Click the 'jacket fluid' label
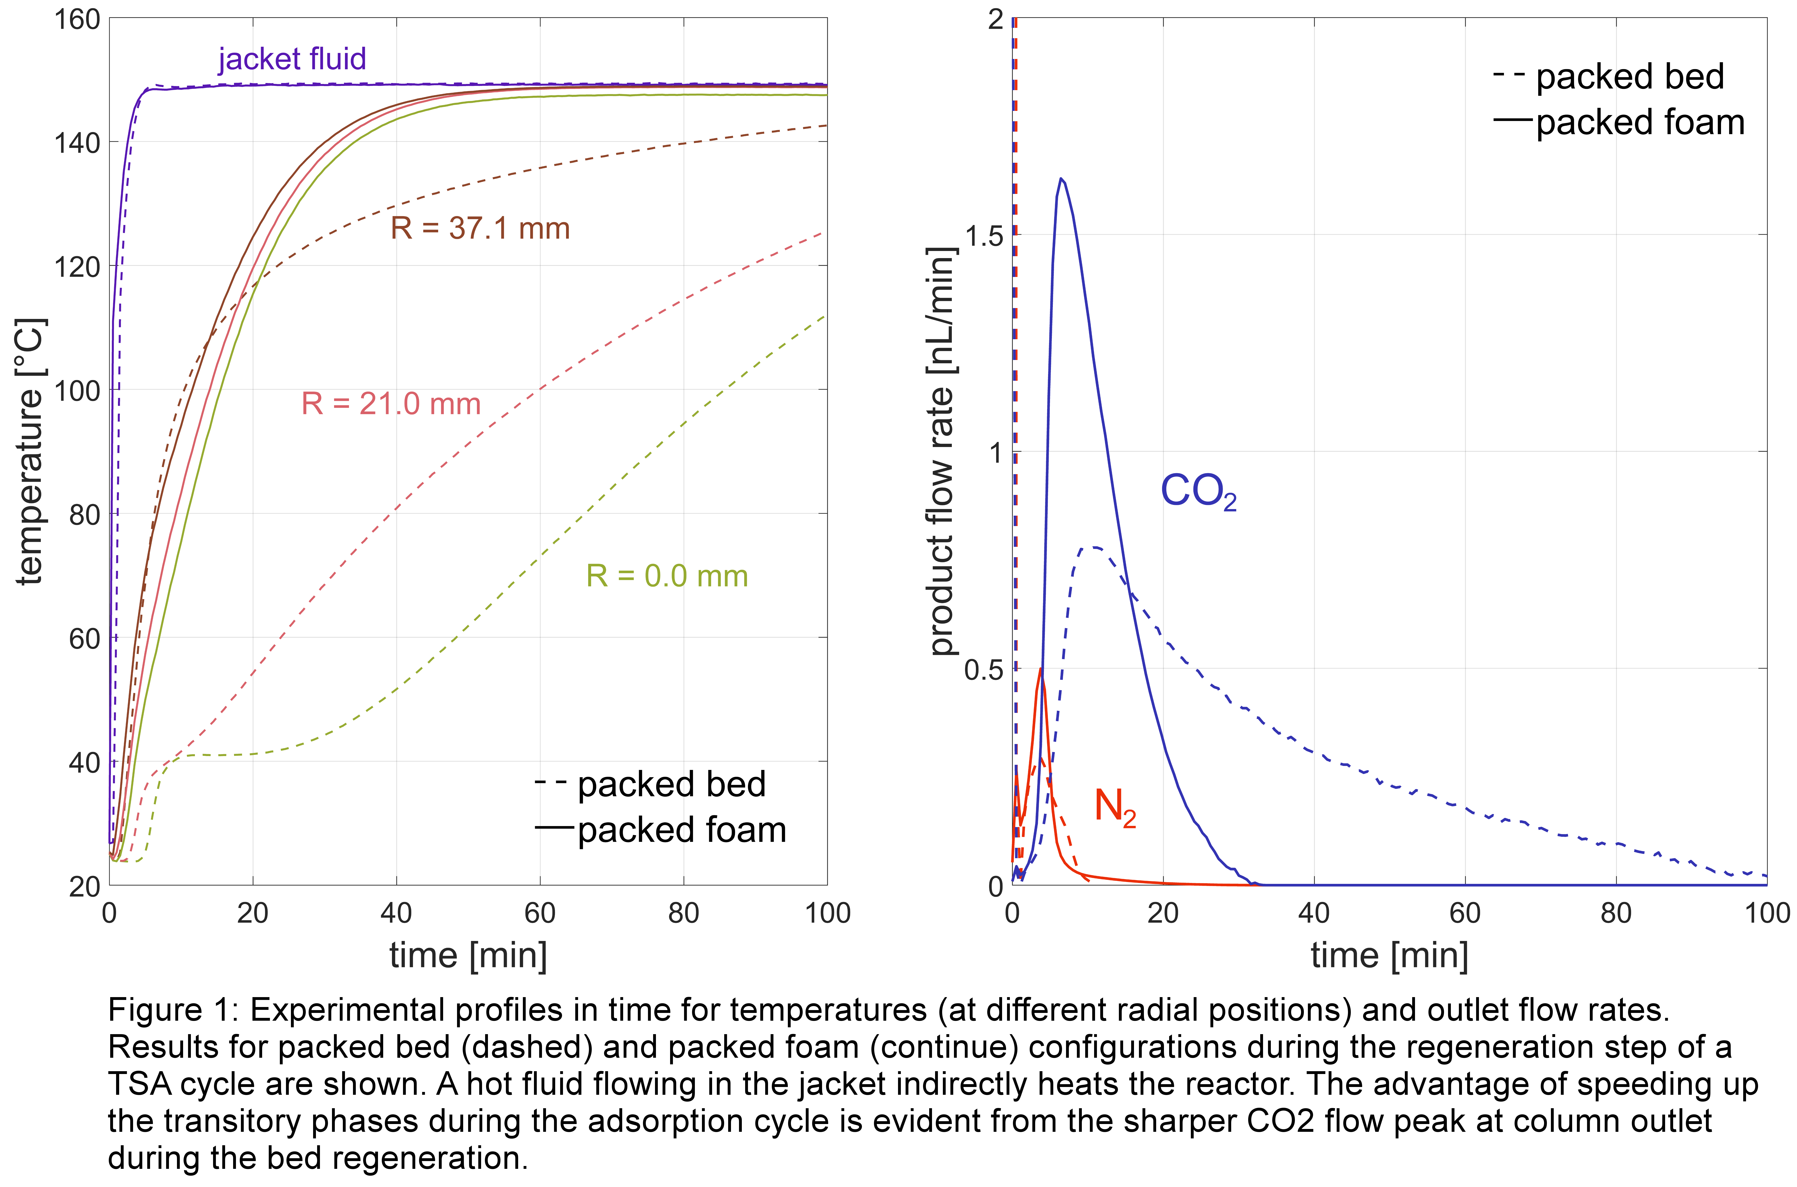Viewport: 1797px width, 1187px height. point(292,59)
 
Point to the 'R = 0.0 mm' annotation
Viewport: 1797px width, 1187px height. point(666,576)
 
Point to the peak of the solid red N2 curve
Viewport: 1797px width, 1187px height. point(1041,669)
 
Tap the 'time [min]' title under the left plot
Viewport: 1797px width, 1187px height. point(468,955)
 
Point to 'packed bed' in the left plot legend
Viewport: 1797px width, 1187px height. point(671,784)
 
